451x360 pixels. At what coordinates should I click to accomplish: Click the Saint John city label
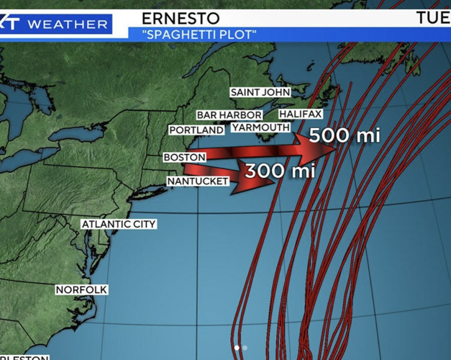click(x=260, y=92)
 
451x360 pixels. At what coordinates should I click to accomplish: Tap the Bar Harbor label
click(x=230, y=115)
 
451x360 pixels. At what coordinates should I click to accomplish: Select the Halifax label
click(x=301, y=114)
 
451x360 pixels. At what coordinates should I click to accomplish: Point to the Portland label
click(x=196, y=130)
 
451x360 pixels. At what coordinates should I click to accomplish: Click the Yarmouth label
click(x=260, y=127)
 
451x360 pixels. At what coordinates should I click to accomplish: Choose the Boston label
click(x=185, y=157)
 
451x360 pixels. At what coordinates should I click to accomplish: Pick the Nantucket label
click(x=198, y=181)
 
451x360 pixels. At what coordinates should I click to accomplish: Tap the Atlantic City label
click(x=119, y=224)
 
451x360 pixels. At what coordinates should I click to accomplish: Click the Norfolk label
click(x=82, y=289)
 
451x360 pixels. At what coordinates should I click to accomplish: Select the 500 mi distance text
click(x=343, y=135)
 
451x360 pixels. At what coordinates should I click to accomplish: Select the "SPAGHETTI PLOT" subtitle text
click(x=193, y=34)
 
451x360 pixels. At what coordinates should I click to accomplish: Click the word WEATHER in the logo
click(x=67, y=24)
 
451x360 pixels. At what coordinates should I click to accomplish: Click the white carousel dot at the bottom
click(x=237, y=348)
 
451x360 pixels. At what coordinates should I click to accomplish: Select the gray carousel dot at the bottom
click(x=245, y=348)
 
